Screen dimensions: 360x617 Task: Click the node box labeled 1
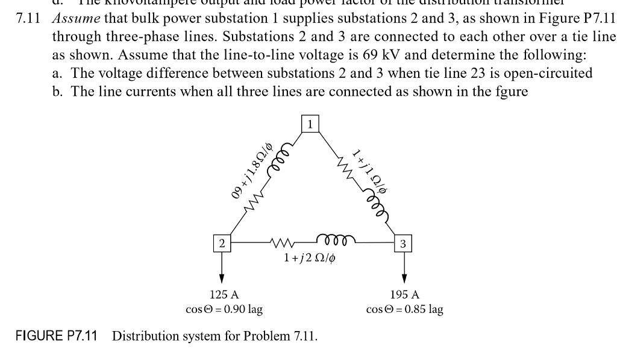pos(310,124)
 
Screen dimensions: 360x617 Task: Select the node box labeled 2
pos(222,244)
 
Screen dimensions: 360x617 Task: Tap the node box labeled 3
pos(403,244)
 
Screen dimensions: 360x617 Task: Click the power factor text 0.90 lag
pos(243,310)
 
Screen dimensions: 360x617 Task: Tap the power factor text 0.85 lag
pos(424,310)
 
